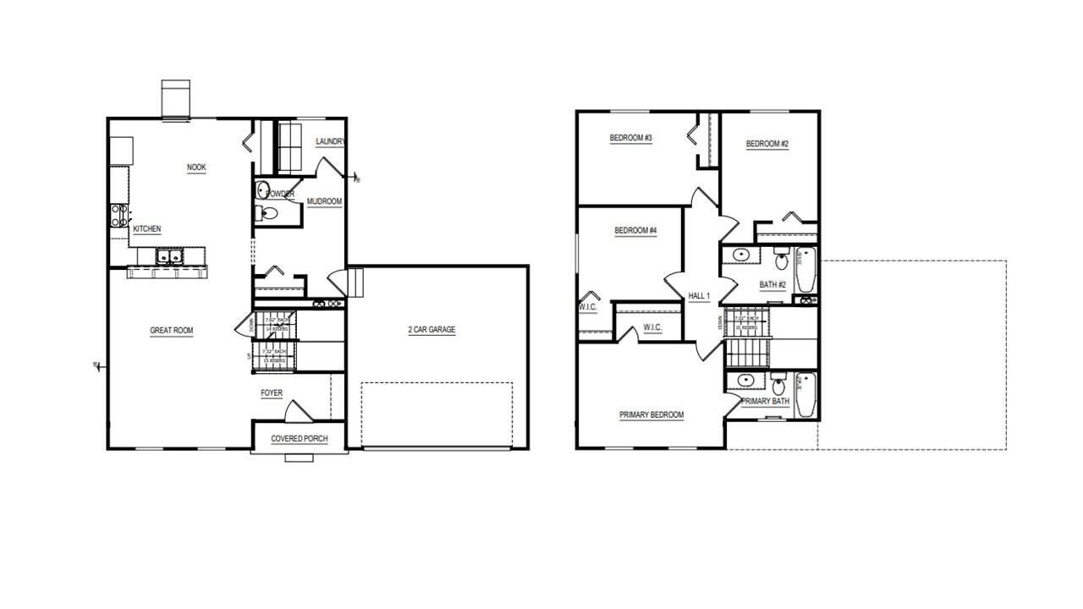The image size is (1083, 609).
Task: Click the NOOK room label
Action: pos(196,167)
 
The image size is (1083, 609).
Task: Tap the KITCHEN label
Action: pos(146,229)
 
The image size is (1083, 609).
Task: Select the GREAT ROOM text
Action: pos(172,331)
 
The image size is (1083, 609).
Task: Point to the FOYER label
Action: pos(272,393)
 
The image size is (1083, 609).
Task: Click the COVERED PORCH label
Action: pos(300,439)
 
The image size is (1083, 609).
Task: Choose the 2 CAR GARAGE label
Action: pos(432,330)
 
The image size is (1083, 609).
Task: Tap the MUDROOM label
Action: pos(324,202)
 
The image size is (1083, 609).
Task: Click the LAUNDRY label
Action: pos(329,142)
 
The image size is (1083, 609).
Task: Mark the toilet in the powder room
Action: pos(267,212)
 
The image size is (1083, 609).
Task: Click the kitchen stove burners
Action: pos(118,215)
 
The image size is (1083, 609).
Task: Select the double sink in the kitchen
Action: pos(167,256)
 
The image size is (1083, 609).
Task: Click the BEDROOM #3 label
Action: pos(631,138)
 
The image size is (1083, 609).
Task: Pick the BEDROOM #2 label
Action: pos(767,144)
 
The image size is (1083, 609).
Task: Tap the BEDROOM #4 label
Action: pos(635,231)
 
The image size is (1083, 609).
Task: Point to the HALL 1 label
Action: pos(699,296)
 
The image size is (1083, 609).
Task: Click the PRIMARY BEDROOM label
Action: pos(651,415)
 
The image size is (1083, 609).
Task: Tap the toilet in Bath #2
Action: pos(781,258)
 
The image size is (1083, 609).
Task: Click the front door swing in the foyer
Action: pos(298,411)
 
